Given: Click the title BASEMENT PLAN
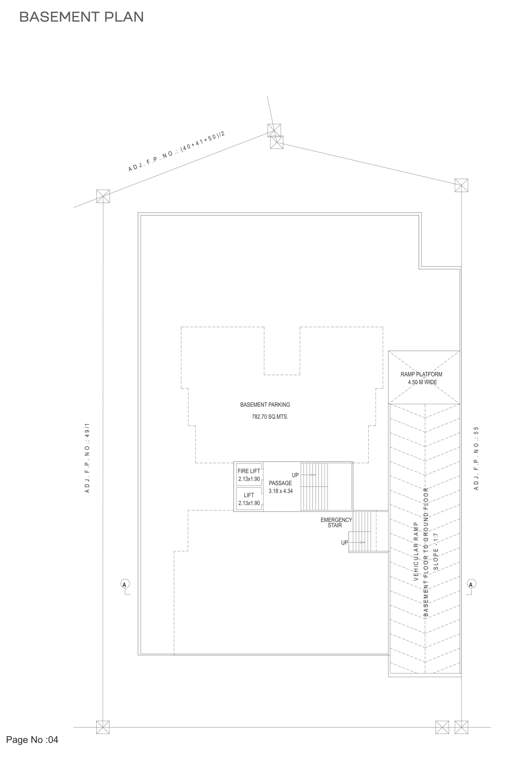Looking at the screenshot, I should pos(81,17).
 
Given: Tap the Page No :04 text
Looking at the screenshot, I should pos(39,740).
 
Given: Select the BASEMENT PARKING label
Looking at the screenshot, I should pos(265,404).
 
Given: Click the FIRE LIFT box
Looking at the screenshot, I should pos(249,474).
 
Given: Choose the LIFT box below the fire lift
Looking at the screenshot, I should pos(249,499).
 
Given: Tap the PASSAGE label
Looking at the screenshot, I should pos(280,483).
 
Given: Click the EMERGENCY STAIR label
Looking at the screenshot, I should pos(335,522).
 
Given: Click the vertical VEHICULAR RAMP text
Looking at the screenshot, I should pos(413,555).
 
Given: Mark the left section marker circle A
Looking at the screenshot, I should pos(125,583).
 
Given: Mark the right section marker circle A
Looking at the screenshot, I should pos(471,583).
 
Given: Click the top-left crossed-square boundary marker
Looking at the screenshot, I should pos(102,196).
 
